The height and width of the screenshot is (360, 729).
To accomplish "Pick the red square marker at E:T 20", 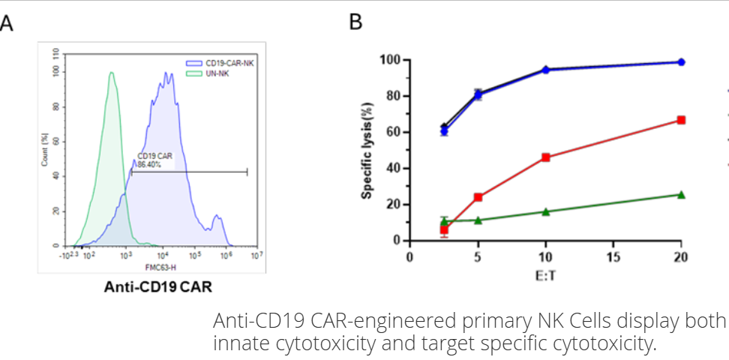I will click(x=681, y=120).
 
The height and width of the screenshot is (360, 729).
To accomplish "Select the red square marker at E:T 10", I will click(x=545, y=157).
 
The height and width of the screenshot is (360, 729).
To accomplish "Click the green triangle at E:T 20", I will click(x=681, y=194).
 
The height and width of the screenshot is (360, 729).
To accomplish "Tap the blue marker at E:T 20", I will click(x=681, y=62).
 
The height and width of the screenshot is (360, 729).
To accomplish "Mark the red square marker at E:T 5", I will click(x=478, y=197).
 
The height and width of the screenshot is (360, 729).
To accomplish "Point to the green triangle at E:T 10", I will click(x=545, y=211).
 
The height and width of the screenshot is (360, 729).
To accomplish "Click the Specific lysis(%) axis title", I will click(x=367, y=150).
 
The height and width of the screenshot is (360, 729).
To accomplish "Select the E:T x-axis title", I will click(x=545, y=275).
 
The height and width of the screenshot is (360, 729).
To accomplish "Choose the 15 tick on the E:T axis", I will click(x=613, y=256).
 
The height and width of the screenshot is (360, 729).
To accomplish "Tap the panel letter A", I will click(x=7, y=23).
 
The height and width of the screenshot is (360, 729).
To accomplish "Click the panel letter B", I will click(x=356, y=23).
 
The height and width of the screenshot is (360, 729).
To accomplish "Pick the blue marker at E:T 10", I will click(x=545, y=70).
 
